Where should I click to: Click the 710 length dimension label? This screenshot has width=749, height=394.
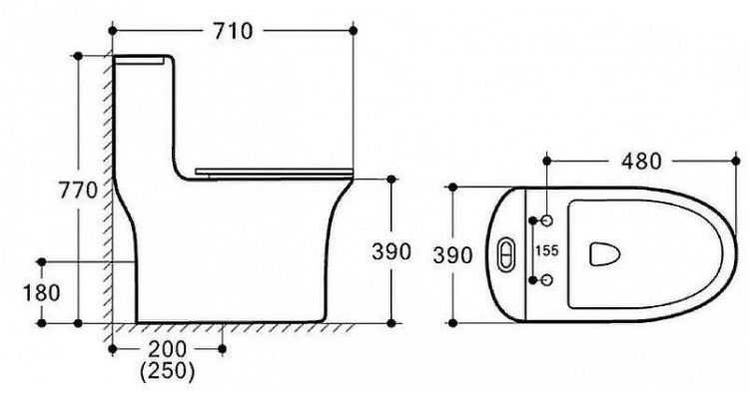[x=232, y=32]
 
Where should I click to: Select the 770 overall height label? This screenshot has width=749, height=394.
[x=78, y=191]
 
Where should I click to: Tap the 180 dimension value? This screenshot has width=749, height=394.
[x=42, y=293]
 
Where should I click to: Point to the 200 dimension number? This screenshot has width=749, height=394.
[x=167, y=350]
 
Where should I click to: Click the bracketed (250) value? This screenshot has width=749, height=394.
[x=168, y=371]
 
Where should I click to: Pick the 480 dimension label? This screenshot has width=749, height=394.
[x=641, y=162]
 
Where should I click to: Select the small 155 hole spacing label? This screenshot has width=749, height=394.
[x=547, y=250]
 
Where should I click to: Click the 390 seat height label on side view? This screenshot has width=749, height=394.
[x=391, y=251]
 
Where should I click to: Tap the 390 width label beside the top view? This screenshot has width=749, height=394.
[x=452, y=255]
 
